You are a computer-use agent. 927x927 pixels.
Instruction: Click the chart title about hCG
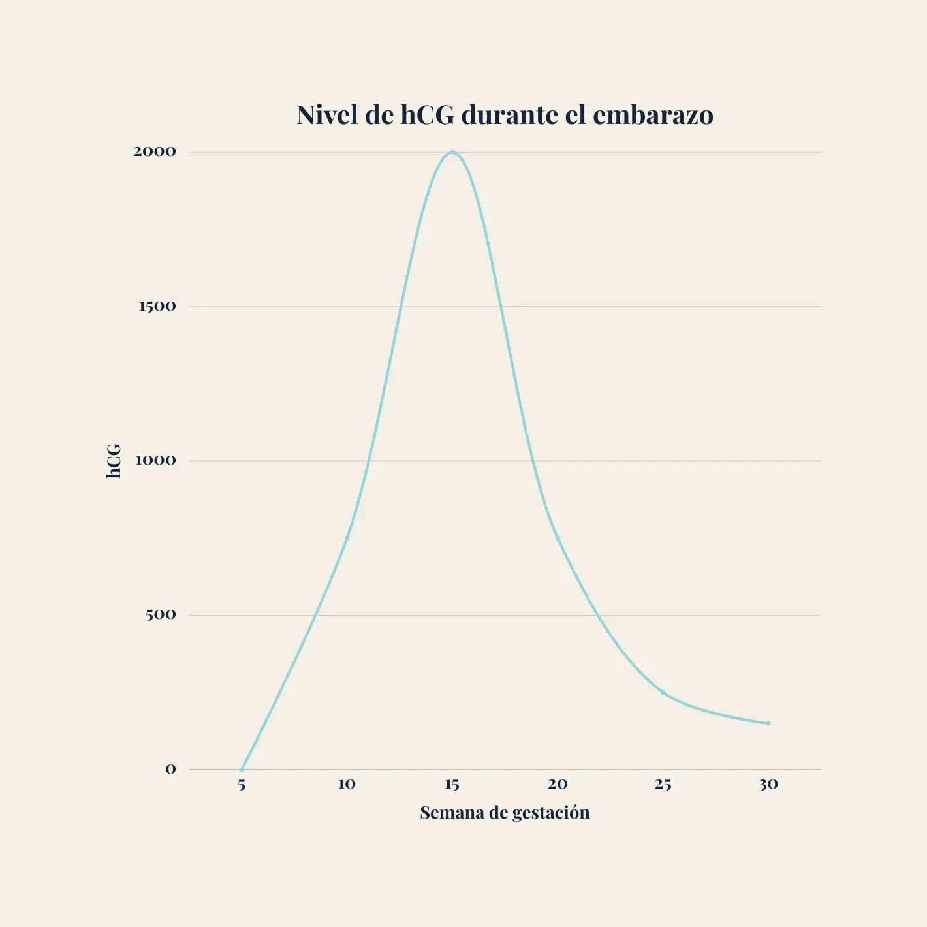(x=505, y=115)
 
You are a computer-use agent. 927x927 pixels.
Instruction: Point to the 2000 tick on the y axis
(x=155, y=151)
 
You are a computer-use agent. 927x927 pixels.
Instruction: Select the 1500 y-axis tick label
(x=157, y=306)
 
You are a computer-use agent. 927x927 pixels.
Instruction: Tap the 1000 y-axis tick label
(x=155, y=460)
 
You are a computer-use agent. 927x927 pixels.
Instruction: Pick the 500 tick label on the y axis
(x=161, y=614)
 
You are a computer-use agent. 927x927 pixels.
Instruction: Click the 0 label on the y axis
(x=170, y=769)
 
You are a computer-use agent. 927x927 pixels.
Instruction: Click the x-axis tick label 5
(x=242, y=785)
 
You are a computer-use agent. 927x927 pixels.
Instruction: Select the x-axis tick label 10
(x=347, y=784)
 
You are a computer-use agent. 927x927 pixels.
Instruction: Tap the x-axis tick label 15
(x=452, y=784)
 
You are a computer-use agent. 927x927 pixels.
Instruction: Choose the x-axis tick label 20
(x=558, y=784)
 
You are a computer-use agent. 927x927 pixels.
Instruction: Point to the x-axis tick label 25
(x=663, y=784)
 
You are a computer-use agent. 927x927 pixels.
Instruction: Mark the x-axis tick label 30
(x=768, y=784)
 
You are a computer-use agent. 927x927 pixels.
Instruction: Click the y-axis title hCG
(x=114, y=461)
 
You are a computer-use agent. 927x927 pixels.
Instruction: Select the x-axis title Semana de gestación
(x=505, y=813)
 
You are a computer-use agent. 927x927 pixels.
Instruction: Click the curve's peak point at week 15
(x=452, y=152)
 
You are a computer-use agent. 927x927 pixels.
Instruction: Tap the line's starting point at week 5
(x=242, y=769)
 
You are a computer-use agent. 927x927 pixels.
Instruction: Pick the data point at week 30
(x=768, y=723)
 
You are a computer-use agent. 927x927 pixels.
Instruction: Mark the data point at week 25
(x=663, y=692)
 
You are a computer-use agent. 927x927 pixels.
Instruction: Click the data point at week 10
(x=347, y=538)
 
